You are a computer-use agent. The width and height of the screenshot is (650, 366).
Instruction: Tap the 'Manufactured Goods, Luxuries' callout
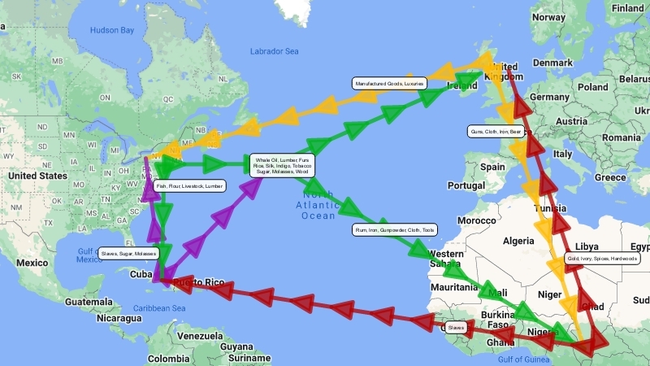389,83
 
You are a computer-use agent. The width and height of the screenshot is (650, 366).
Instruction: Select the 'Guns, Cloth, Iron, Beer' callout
496,131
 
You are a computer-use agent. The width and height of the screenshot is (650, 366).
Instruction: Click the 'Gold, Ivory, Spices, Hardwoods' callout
602,259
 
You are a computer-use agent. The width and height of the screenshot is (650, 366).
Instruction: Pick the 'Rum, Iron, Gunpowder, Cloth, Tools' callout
394,230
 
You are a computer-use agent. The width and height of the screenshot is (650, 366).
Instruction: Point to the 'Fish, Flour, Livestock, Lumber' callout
189,185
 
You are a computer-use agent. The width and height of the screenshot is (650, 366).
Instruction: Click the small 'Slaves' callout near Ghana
456,328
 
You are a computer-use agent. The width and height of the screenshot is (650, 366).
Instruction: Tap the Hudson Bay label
111,30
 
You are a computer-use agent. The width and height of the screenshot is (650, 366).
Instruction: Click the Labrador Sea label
274,52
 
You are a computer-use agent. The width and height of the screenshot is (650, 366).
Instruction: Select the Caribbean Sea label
160,308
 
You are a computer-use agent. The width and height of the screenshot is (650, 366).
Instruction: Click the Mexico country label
32,263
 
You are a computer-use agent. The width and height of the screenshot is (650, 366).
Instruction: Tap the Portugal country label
466,185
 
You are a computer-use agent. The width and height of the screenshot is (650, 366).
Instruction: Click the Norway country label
548,17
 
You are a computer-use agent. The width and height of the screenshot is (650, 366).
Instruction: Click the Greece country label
609,176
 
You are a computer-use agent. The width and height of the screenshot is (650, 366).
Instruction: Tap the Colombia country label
168,359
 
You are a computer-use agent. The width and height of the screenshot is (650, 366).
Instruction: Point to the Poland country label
593,86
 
